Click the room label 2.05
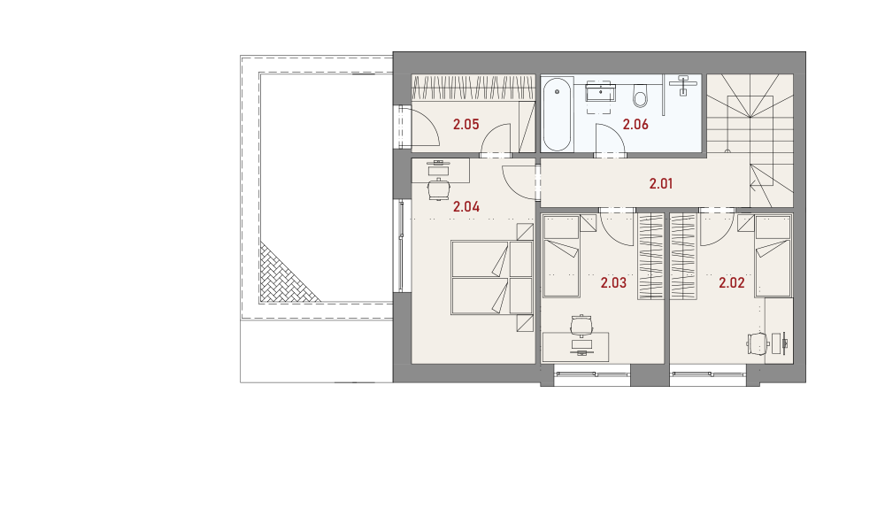tap(466, 124)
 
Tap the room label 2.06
tap(635, 124)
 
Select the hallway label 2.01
tap(660, 183)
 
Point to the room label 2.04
tap(466, 207)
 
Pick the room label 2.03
tap(613, 283)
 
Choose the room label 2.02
tap(732, 283)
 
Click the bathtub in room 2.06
tap(557, 115)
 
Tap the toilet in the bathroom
tap(640, 96)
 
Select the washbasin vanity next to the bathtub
tap(601, 92)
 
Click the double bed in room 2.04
tap(491, 278)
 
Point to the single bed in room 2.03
tap(561, 256)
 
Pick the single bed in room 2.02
tap(773, 256)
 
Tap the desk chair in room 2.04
tap(439, 189)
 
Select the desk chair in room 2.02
tap(758, 343)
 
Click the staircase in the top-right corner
tap(750, 141)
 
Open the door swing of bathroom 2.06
tap(610, 138)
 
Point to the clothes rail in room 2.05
tap(473, 88)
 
